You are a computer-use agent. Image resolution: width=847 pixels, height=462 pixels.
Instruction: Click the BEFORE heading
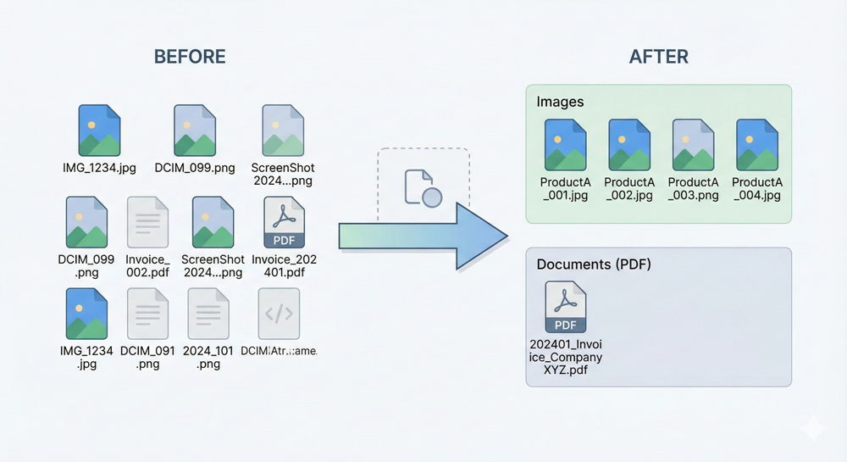click(190, 57)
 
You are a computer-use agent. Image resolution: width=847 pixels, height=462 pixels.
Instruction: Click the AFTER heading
click(658, 57)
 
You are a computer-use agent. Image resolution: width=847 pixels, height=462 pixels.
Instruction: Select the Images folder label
click(560, 102)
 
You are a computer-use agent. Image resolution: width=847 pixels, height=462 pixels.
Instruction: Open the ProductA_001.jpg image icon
click(565, 144)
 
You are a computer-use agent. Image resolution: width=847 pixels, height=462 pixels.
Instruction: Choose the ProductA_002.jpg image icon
click(629, 144)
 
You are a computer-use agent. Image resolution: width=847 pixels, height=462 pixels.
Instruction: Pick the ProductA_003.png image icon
click(693, 144)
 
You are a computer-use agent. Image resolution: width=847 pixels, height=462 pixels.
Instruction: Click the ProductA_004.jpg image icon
click(756, 144)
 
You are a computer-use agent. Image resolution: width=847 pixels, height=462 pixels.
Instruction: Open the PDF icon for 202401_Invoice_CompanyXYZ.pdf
click(566, 307)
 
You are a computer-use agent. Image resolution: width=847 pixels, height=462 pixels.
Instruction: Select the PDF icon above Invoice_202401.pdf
click(284, 222)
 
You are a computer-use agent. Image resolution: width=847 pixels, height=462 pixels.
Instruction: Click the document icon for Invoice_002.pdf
click(147, 222)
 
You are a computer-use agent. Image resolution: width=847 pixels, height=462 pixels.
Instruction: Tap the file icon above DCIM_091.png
click(147, 314)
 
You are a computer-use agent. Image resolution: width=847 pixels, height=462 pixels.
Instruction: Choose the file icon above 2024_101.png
click(208, 314)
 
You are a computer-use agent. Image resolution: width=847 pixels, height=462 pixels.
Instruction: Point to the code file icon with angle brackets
click(279, 314)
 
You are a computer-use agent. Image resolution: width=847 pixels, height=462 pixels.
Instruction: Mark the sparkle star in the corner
click(812, 428)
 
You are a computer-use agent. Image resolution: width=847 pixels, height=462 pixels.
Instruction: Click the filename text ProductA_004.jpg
click(756, 188)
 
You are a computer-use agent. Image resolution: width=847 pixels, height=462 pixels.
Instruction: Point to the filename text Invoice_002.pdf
click(147, 266)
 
